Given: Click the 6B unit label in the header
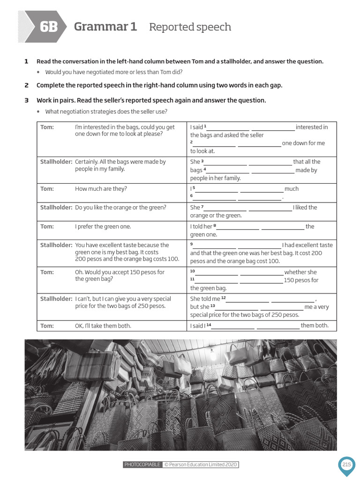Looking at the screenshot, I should click(x=48, y=27).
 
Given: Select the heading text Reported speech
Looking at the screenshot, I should click(x=190, y=27).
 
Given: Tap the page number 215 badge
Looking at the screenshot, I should click(x=346, y=465).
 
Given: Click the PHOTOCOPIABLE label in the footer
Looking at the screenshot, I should click(x=142, y=465).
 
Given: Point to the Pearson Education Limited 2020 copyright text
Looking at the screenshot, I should click(x=201, y=465).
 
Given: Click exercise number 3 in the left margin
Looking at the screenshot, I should click(x=27, y=100).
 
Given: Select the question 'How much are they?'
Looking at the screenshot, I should click(x=101, y=189).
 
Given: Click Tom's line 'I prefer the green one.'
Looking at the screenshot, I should click(x=103, y=226).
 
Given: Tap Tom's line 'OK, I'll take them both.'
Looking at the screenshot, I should click(x=103, y=326).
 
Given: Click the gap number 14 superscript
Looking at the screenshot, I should click(x=209, y=325).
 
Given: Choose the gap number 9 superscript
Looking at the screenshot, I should click(x=192, y=244).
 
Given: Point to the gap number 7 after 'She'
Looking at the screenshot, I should click(x=202, y=207).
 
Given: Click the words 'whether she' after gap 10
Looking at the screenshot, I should click(x=300, y=272).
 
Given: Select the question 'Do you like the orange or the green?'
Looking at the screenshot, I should click(x=120, y=207).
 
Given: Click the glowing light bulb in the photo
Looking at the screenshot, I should click(x=213, y=355).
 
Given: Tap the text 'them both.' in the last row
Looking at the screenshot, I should click(x=315, y=326).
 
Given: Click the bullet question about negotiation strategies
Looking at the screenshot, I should click(x=106, y=112).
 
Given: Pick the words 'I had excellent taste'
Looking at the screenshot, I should click(x=307, y=245).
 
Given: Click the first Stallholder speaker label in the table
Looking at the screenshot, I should click(x=56, y=162).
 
